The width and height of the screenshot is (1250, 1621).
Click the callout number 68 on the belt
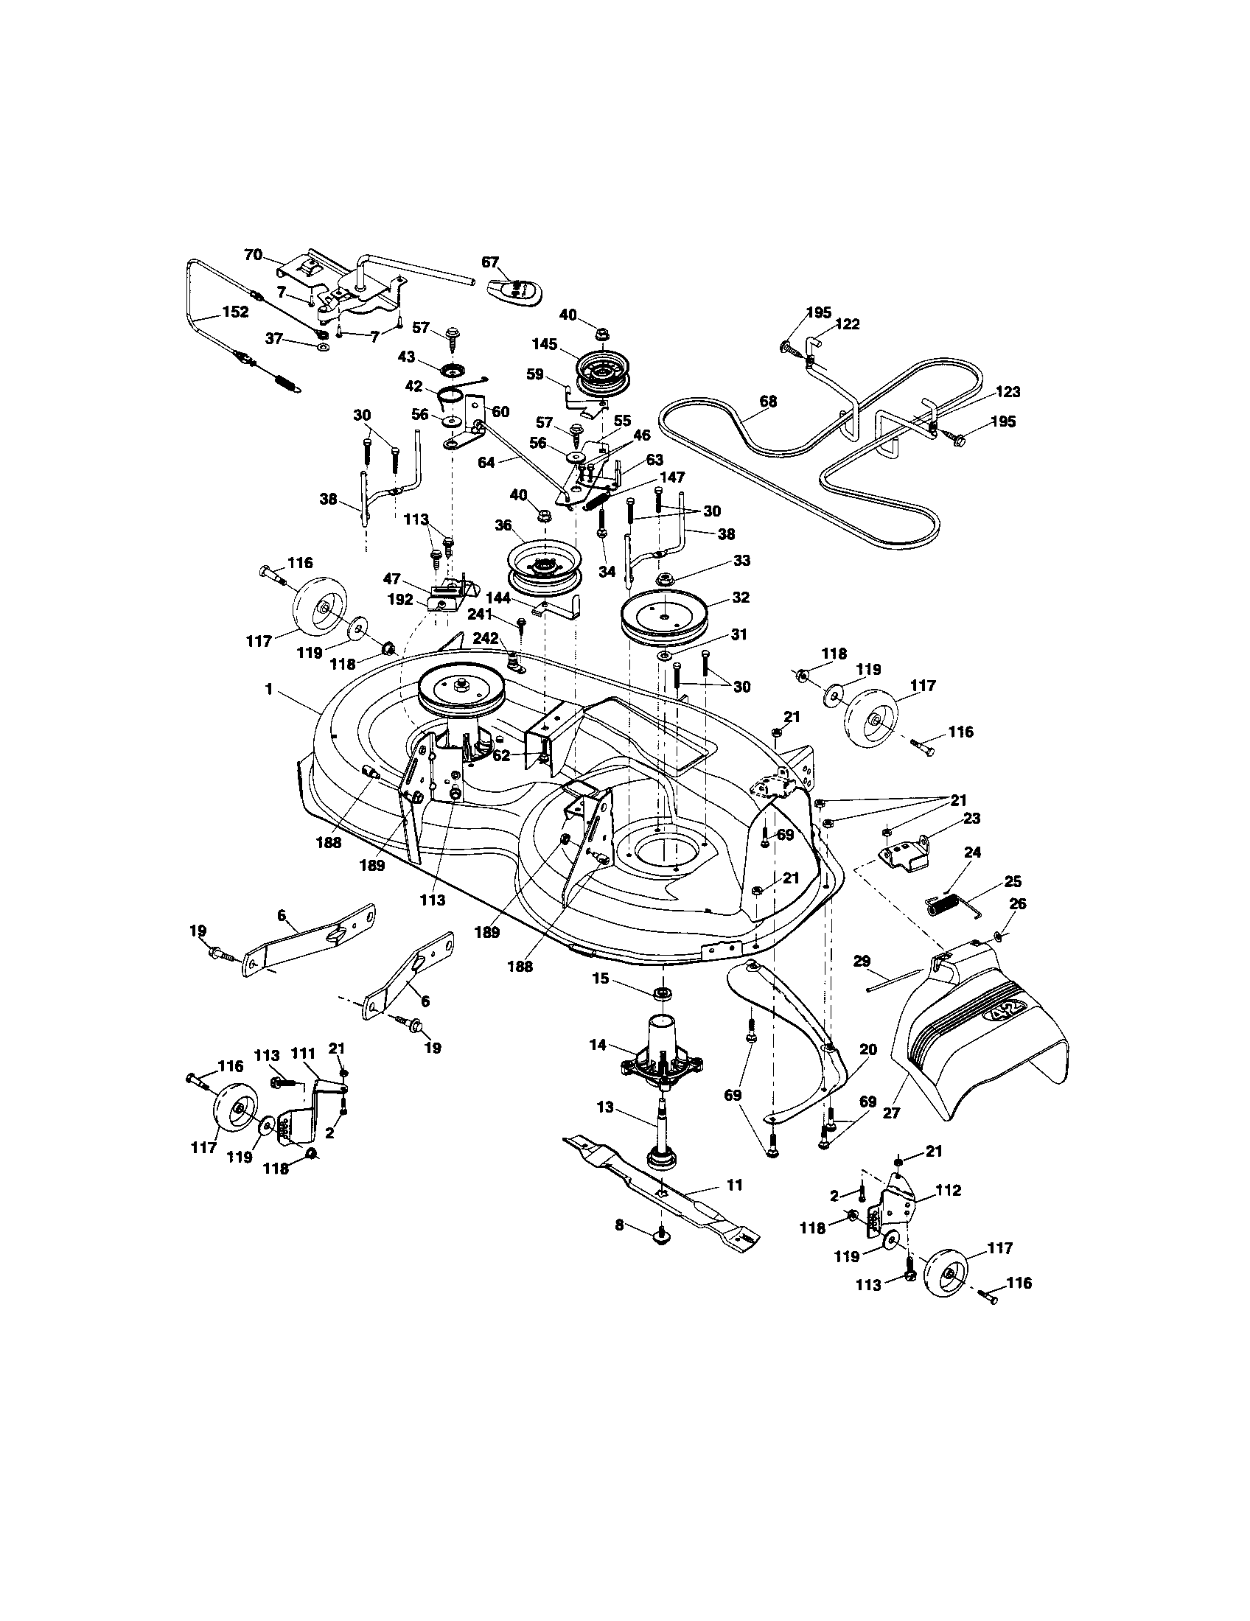768,402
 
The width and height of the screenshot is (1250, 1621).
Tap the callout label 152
235,312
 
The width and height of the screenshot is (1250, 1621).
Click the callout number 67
490,263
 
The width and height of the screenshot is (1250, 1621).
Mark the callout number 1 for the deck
269,690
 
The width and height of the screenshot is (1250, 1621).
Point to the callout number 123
1008,392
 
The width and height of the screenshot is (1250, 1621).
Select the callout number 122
848,323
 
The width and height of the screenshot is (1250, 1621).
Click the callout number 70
253,255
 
